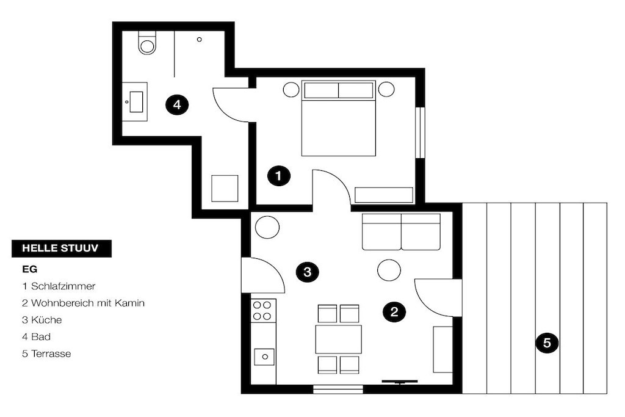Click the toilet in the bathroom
point(147,42)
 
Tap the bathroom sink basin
point(136,102)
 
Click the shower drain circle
point(200,40)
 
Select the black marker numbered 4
point(177,105)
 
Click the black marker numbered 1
point(279,175)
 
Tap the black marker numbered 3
point(308,272)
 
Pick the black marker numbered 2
point(394,311)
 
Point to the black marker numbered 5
point(547,343)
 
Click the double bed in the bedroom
point(338,118)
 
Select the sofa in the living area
point(402,231)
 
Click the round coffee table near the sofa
point(389,270)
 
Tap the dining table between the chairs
point(338,339)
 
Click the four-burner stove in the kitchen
point(262,311)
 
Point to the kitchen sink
point(264,357)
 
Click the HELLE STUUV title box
point(62,248)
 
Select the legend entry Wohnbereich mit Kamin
point(83,303)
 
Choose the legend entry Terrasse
point(46,354)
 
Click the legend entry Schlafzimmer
point(59,286)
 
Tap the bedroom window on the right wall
point(420,132)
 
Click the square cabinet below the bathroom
point(225,188)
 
